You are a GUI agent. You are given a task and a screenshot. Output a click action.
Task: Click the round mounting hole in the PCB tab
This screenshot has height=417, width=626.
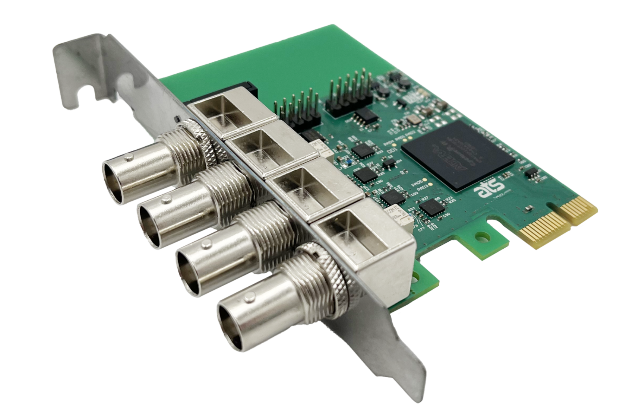(x=483, y=236)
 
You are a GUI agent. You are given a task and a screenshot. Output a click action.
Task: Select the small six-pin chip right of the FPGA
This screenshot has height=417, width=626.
(x=530, y=172)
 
